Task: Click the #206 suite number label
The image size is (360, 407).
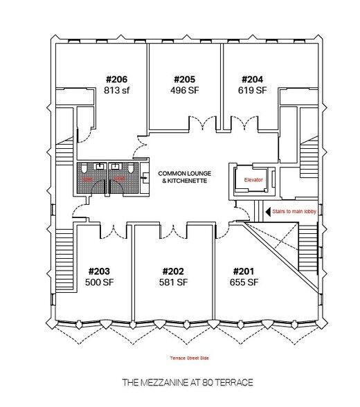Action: [x=117, y=79]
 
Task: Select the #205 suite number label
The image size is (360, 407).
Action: [x=185, y=79]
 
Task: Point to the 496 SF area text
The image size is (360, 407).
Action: [x=185, y=90]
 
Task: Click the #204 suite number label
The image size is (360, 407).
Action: [x=252, y=79]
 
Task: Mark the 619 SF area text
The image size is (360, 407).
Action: [x=252, y=90]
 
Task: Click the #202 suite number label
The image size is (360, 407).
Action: [x=174, y=271]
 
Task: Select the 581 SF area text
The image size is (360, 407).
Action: [x=174, y=282]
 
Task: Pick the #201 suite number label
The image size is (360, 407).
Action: [x=244, y=271]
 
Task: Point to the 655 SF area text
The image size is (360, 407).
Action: [x=244, y=282]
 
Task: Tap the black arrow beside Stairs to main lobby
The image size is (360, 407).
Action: [x=268, y=212]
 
